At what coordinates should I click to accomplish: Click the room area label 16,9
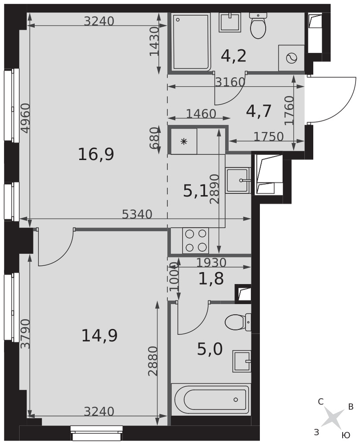[x=96, y=155]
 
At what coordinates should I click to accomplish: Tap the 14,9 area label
[x=99, y=336]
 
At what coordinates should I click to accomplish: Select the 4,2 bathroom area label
[x=234, y=56]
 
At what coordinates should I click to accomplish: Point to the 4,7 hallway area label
[x=259, y=111]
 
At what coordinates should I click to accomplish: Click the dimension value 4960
[x=25, y=118]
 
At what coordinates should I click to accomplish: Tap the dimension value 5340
[x=137, y=214]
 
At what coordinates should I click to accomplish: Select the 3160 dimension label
[x=230, y=82]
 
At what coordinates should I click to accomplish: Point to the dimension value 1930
[x=211, y=263]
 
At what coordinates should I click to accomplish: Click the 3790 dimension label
[x=25, y=334]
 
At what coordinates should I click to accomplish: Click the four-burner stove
[x=196, y=241]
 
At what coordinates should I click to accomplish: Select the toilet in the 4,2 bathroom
[x=258, y=26]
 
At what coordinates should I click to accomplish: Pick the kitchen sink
[x=238, y=181]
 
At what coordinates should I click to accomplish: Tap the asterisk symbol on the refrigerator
[x=184, y=142]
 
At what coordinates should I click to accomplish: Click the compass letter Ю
[x=345, y=435]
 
